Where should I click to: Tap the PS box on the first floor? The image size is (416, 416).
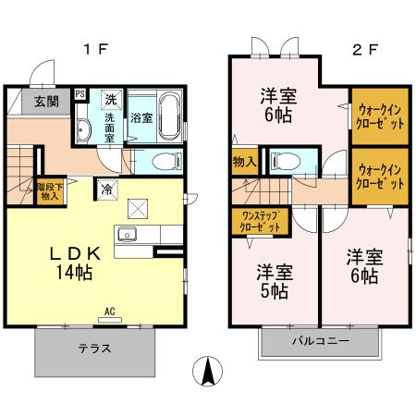pos(80,93)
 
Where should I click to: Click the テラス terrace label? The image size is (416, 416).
pos(93,349)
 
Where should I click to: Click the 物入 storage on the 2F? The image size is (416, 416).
pos(245,163)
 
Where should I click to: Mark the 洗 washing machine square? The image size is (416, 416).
pos(109,98)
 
